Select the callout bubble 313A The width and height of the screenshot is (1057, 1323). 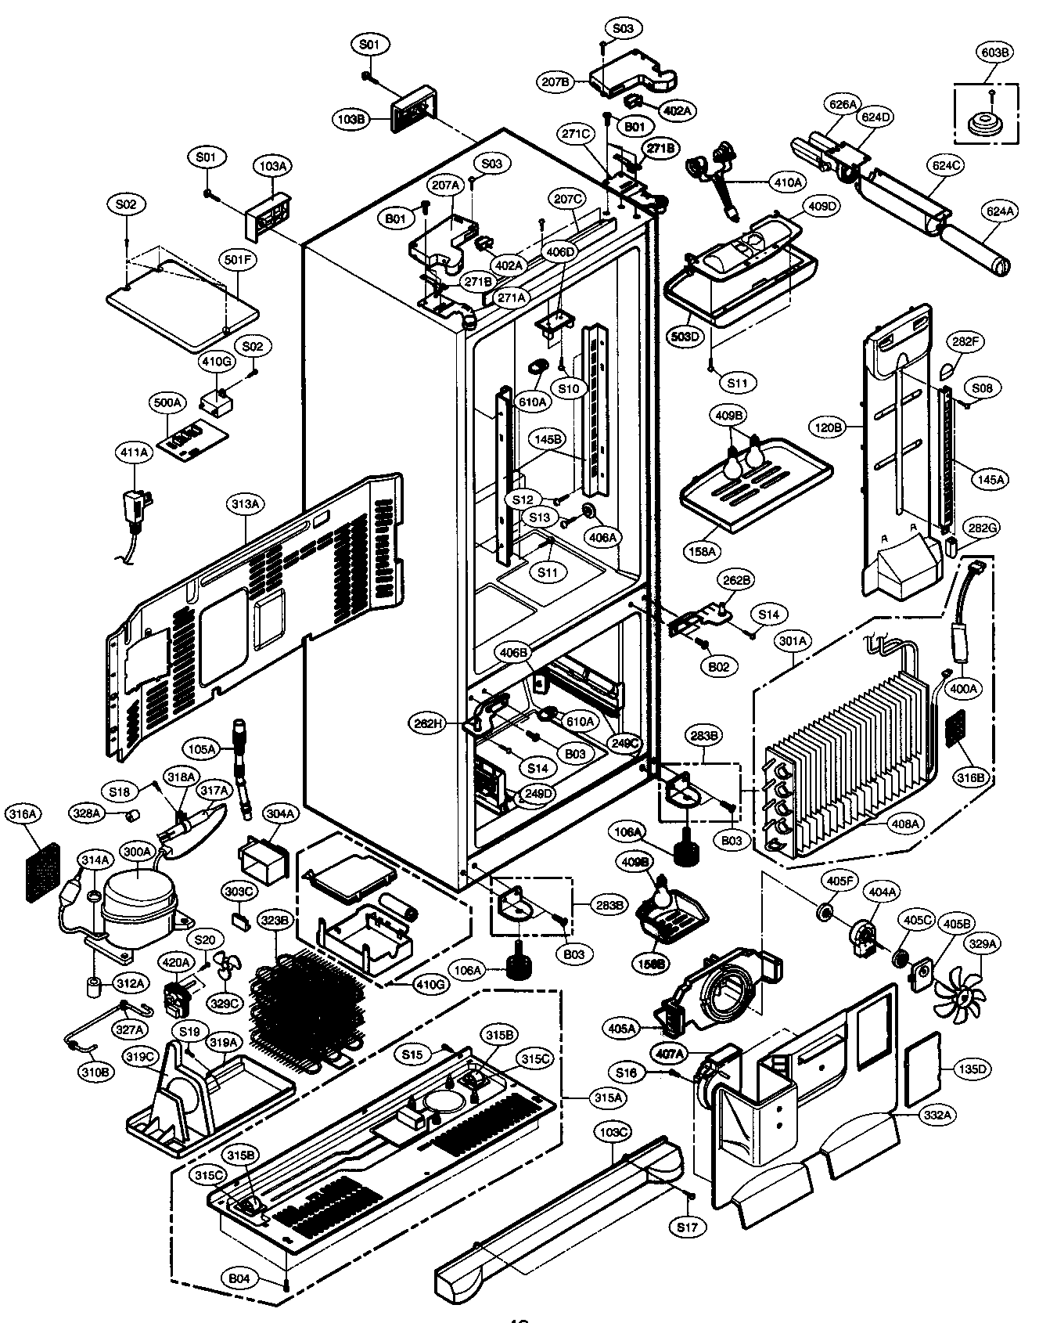[245, 504]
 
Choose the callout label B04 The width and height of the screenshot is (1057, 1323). [240, 1278]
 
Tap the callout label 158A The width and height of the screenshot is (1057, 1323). [702, 551]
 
